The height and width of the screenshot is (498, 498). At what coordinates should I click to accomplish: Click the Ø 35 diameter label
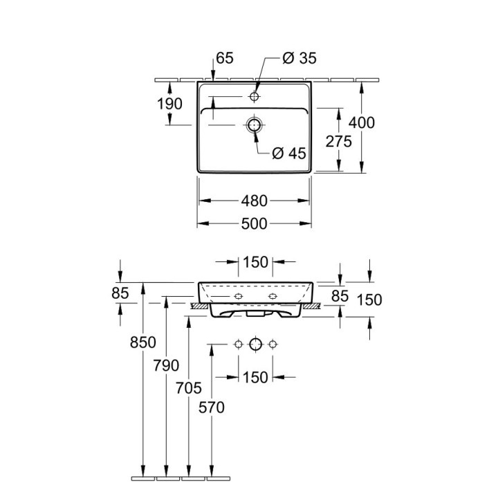(299, 59)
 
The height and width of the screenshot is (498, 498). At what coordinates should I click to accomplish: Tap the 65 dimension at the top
(225, 59)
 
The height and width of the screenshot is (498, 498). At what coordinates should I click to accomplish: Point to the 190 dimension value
(169, 104)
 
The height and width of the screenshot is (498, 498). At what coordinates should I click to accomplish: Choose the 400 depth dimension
(362, 122)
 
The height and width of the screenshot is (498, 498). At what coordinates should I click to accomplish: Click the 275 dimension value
(339, 141)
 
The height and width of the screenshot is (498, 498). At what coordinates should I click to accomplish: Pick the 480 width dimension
(255, 201)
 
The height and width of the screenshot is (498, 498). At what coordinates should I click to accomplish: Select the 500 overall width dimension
(255, 223)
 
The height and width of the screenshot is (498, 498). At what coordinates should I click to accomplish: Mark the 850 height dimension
(143, 342)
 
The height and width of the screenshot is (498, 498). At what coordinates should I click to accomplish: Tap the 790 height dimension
(167, 365)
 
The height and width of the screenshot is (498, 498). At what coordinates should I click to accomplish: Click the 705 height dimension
(190, 389)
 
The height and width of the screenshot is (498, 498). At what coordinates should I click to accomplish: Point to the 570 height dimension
(212, 408)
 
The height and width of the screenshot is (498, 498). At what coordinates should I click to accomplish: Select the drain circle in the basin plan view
(255, 125)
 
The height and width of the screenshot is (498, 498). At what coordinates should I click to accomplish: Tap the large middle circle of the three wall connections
(255, 344)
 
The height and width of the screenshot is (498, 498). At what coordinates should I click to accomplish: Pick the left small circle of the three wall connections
(237, 344)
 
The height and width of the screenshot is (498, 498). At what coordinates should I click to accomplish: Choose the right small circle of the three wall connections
(273, 344)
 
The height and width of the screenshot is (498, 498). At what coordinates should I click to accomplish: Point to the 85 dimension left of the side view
(120, 293)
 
